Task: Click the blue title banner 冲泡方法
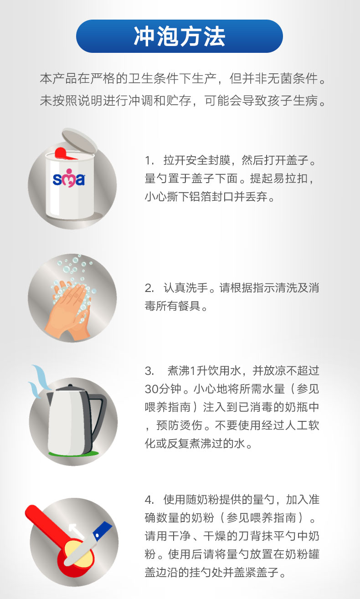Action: pyautogui.click(x=180, y=36)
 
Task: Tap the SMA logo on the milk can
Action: pyautogui.click(x=69, y=178)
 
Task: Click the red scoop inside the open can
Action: pyautogui.click(x=64, y=153)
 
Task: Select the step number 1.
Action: pyautogui.click(x=149, y=160)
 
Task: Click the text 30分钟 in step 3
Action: pyautogui.click(x=163, y=389)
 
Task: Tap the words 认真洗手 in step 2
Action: pyautogui.click(x=186, y=288)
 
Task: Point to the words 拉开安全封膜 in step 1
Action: pyautogui.click(x=197, y=160)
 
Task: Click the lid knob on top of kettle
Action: pyautogui.click(x=70, y=386)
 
